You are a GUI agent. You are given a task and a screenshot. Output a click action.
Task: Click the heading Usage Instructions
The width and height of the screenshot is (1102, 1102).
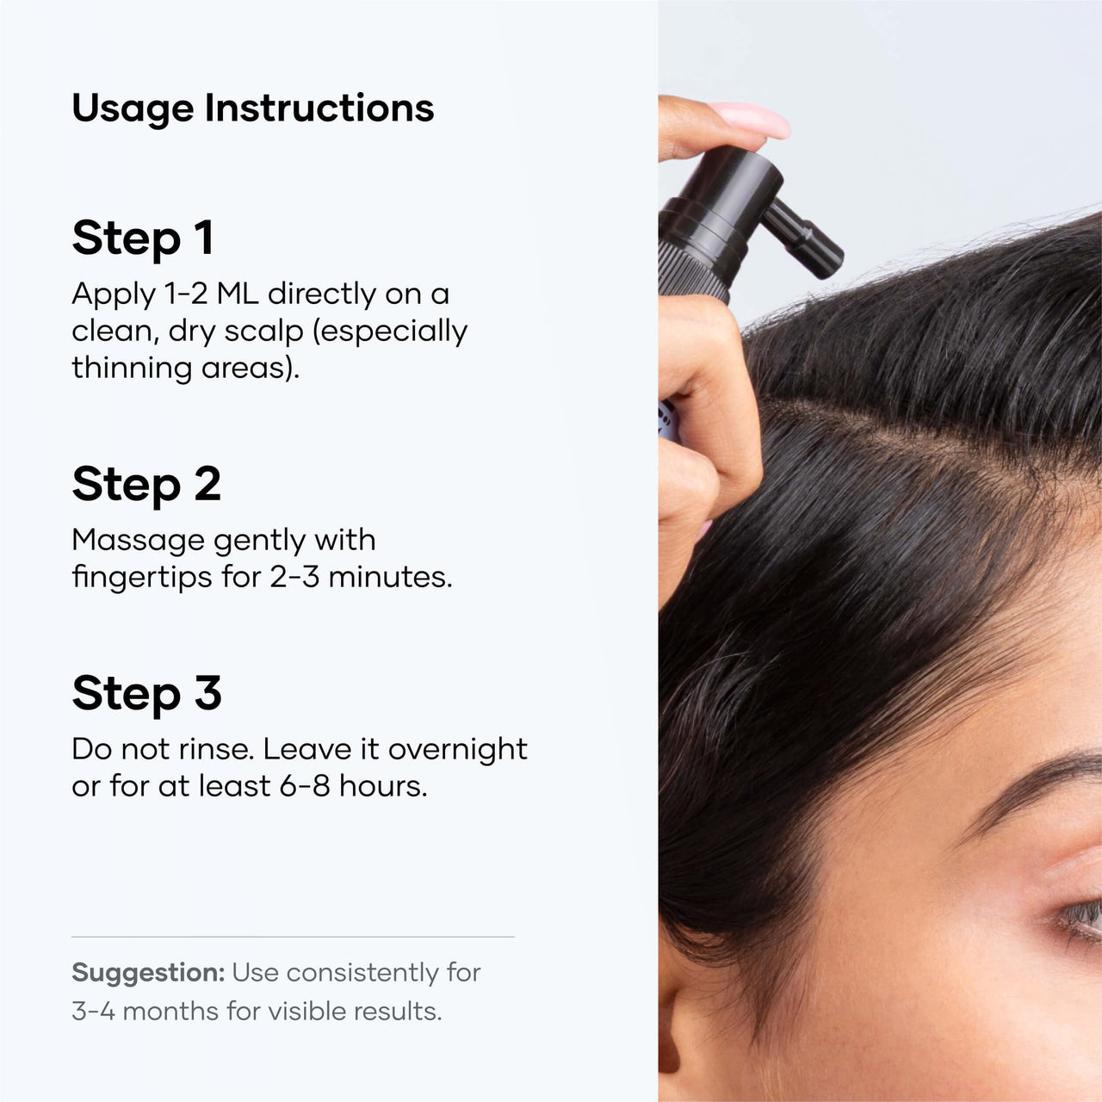(252, 108)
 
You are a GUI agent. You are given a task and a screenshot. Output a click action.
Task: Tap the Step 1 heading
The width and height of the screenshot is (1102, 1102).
(143, 238)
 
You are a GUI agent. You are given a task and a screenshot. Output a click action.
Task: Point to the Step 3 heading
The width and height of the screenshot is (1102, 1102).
(146, 693)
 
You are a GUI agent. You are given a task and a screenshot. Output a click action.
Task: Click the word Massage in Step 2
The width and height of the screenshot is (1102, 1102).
(138, 541)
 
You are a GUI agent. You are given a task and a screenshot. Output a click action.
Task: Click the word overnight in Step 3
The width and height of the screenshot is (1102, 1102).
(457, 750)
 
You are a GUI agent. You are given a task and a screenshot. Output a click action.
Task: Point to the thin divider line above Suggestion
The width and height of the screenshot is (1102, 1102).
(293, 936)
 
